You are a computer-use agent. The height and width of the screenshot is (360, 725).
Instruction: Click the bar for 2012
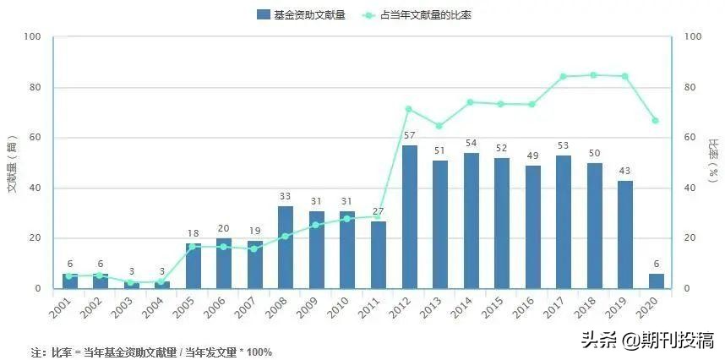[x=410, y=217]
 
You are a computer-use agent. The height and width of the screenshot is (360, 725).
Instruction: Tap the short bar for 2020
[x=657, y=281]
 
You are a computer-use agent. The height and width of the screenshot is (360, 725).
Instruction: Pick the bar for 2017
[x=564, y=222]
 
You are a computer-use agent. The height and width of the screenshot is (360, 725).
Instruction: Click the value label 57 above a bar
[x=410, y=136]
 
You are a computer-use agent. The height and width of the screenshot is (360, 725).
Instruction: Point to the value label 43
[x=625, y=172]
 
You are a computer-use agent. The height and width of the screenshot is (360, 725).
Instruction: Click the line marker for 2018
[x=594, y=75]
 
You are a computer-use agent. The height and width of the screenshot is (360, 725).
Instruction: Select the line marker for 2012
[x=409, y=109]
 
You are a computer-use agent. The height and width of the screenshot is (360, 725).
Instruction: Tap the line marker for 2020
[x=656, y=121]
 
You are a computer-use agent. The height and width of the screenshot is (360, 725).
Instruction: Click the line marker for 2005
[x=193, y=247]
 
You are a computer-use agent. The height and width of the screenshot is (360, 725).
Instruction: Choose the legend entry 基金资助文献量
[x=301, y=15]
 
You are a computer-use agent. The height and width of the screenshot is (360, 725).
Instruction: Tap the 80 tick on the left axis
[x=33, y=87]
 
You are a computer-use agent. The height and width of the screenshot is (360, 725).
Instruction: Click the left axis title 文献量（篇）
[x=13, y=163]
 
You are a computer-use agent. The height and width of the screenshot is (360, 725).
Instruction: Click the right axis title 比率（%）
[x=714, y=161]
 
